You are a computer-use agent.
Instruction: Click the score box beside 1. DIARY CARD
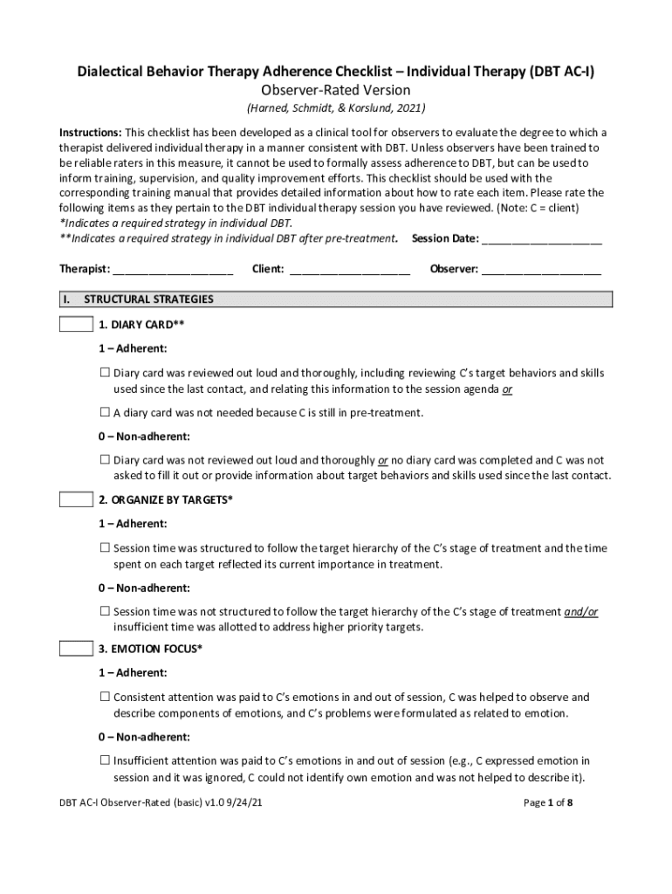[x=76, y=325]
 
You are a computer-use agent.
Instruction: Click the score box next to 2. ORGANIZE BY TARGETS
[x=76, y=500]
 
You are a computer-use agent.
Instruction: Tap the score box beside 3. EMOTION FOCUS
[x=76, y=649]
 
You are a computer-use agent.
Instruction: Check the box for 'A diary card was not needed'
[x=105, y=412]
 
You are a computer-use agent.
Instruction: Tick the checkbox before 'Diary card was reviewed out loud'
[x=105, y=373]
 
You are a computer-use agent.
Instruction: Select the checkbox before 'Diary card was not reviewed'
[x=105, y=459]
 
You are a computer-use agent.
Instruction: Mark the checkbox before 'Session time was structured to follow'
[x=105, y=548]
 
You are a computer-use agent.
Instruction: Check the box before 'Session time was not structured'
[x=105, y=611]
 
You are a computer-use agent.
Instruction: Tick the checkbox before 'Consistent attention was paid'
[x=105, y=697]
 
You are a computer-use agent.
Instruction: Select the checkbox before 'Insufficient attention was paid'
[x=105, y=760]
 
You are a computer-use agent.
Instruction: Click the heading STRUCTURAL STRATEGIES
[x=148, y=299]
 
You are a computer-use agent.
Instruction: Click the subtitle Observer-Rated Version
[x=336, y=90]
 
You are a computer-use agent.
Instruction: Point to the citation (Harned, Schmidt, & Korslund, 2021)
[x=336, y=108]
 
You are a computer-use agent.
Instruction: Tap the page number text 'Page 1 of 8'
[x=548, y=803]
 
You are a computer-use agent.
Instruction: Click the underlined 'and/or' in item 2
[x=581, y=611]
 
